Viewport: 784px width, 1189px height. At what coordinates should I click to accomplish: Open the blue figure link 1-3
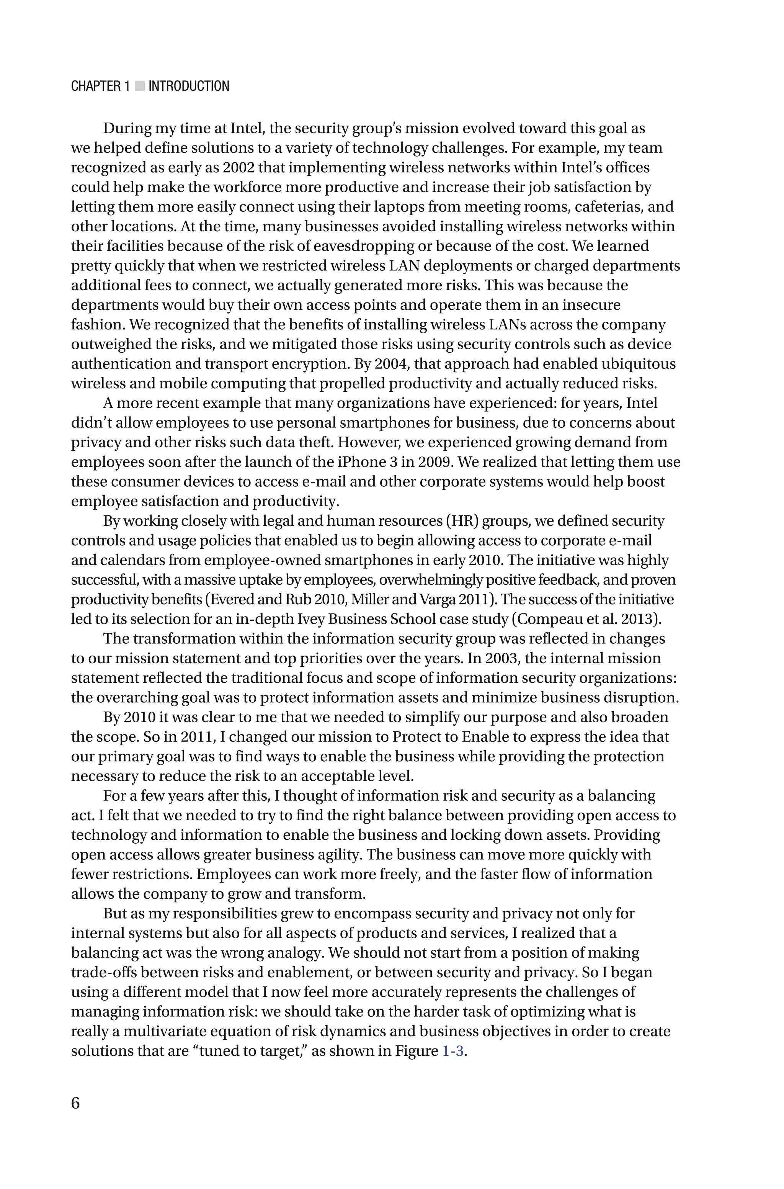click(x=453, y=1051)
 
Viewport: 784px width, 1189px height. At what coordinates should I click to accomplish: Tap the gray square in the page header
click(x=139, y=87)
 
